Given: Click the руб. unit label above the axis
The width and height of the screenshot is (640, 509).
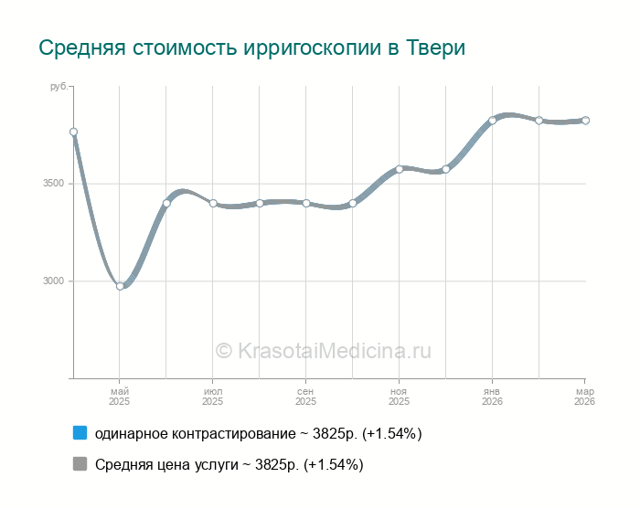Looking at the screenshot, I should click(x=58, y=87).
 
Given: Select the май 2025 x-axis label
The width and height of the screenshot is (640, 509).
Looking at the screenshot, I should click(x=120, y=396).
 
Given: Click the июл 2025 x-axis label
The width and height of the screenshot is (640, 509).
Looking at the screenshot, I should click(x=212, y=396).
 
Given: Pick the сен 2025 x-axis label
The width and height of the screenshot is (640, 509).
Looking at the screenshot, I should click(x=305, y=396).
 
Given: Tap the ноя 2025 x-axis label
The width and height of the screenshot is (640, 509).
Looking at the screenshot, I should click(x=399, y=396).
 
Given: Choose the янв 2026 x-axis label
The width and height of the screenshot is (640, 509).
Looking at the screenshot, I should click(x=492, y=396).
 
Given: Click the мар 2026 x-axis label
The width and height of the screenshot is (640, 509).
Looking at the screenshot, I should click(x=584, y=396).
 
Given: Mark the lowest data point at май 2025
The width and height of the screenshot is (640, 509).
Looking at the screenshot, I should click(x=120, y=286).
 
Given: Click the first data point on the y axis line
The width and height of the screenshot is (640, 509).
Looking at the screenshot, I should click(x=73, y=132).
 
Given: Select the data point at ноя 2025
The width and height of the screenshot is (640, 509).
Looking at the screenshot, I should click(x=400, y=169).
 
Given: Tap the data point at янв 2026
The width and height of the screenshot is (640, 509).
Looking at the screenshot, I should click(x=492, y=121).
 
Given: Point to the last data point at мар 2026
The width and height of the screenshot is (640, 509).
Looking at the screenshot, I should click(x=585, y=121).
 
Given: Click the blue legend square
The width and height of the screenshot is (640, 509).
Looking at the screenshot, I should click(x=80, y=433).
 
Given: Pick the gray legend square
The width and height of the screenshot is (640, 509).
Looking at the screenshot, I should click(x=80, y=464).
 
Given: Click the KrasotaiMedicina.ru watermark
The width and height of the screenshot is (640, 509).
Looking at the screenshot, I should click(x=323, y=351).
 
